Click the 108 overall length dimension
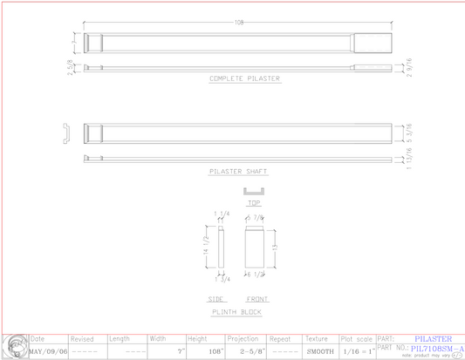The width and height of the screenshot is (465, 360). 238,23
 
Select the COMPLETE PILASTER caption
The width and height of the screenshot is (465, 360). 244,78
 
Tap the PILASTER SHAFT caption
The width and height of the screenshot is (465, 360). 238,172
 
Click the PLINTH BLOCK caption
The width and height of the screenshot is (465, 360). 236,311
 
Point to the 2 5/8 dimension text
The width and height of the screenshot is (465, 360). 70,67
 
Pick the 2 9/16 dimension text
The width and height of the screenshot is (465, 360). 409,66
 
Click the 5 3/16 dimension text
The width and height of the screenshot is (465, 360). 409,132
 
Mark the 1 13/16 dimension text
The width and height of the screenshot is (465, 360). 409,159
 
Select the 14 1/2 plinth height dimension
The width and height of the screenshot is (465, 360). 206,246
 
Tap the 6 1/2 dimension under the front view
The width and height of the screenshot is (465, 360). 256,275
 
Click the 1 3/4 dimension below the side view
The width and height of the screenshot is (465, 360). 222,279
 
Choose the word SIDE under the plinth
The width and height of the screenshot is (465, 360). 216,299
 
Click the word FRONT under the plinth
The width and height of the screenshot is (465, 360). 257,299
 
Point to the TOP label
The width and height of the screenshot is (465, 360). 253,203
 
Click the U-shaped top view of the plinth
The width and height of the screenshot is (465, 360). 253,191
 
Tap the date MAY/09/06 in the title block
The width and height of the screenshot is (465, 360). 48,351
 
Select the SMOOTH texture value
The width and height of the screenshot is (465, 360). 318,351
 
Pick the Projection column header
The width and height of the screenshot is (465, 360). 243,338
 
